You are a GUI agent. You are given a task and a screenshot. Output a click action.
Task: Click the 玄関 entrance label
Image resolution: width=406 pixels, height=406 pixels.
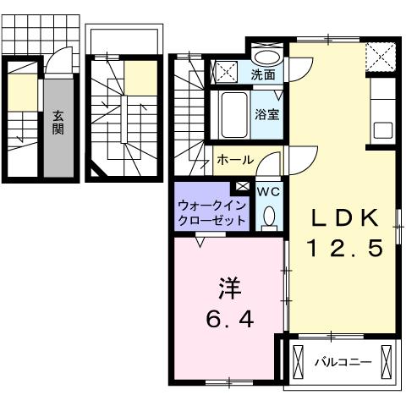(58, 123)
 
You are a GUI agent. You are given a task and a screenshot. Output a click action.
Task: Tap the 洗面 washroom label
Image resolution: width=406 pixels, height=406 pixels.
(262, 74)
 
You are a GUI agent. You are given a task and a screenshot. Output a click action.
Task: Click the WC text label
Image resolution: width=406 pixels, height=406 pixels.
(268, 192)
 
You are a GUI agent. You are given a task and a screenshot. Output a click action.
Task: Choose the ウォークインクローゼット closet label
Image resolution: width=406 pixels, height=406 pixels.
(211, 211)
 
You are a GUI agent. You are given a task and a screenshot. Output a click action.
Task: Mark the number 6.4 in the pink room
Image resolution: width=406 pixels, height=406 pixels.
(229, 321)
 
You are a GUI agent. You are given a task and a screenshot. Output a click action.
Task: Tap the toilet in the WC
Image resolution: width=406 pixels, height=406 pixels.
(268, 217)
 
